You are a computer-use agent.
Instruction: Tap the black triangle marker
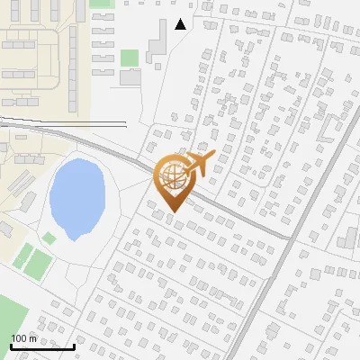click(x=181, y=24)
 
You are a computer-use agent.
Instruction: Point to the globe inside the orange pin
click(x=173, y=177)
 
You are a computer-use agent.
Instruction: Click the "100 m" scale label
click(x=24, y=338)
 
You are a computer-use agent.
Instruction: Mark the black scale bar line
click(x=41, y=346)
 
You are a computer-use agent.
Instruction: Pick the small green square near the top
click(x=130, y=58)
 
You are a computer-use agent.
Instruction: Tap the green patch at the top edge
click(x=102, y=3)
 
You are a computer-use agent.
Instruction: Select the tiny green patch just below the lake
click(x=49, y=238)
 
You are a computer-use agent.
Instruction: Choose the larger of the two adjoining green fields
click(x=37, y=263)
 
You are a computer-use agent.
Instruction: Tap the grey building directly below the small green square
click(x=130, y=77)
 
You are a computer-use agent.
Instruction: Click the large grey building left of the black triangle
click(x=155, y=40)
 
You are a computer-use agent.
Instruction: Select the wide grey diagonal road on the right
click(x=297, y=225)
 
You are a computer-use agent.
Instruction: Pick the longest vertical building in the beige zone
click(x=73, y=63)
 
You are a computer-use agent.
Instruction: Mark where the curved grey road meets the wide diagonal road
click(x=288, y=238)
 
